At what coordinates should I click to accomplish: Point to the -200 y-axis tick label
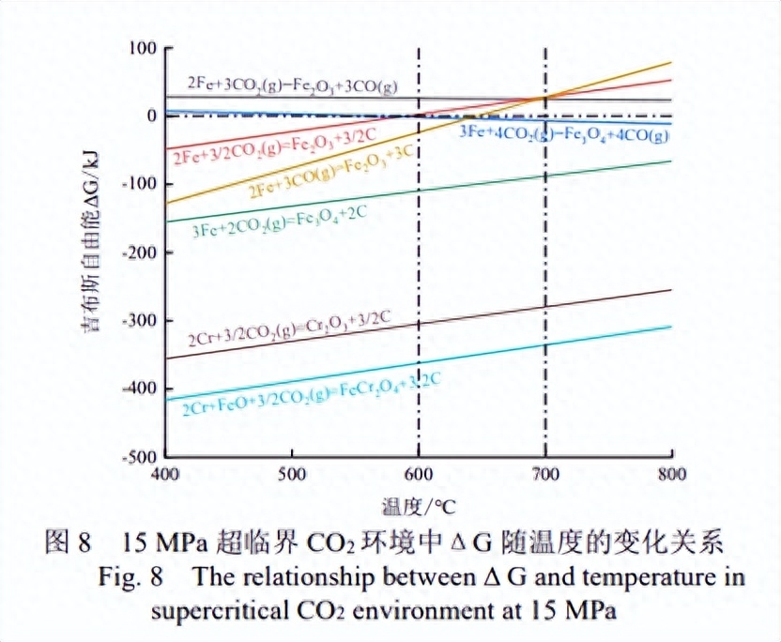pyautogui.click(x=136, y=252)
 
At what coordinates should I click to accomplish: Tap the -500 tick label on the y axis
pyautogui.click(x=136, y=456)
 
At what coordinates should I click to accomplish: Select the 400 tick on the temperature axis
pyautogui.click(x=165, y=473)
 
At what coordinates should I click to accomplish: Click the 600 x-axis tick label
pyautogui.click(x=419, y=473)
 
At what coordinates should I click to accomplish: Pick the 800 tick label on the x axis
pyautogui.click(x=671, y=473)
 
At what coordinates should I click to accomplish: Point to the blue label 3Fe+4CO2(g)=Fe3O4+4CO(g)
pyautogui.click(x=563, y=134)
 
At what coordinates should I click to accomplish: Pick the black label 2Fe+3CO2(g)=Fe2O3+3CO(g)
pyautogui.click(x=292, y=84)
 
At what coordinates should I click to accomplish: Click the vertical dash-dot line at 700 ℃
pyautogui.click(x=544, y=282)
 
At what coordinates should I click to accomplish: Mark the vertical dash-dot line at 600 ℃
pyautogui.click(x=419, y=282)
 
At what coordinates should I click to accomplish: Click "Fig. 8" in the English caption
pyautogui.click(x=128, y=575)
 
